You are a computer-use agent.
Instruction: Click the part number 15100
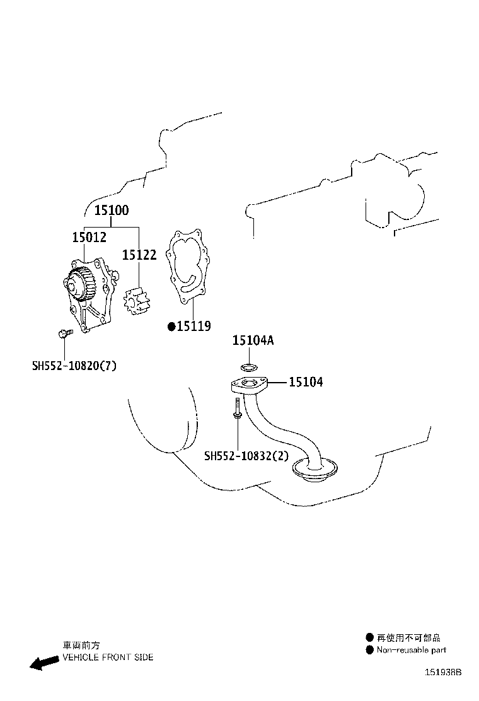click(112, 210)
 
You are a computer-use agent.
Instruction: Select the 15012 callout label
click(89, 238)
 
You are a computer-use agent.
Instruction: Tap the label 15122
click(139, 255)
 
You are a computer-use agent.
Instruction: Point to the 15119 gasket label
click(194, 327)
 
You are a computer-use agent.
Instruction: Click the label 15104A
click(253, 340)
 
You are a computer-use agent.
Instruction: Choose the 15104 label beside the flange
click(306, 382)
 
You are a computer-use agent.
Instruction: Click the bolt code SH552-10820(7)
click(74, 366)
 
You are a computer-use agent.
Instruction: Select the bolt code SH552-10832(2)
click(246, 456)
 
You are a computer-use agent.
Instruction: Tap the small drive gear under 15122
click(138, 302)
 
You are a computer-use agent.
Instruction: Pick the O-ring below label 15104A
click(249, 368)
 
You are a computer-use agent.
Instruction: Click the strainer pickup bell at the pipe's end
click(315, 470)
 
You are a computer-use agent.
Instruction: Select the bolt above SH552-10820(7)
click(63, 333)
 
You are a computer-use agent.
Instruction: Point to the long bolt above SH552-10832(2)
click(238, 408)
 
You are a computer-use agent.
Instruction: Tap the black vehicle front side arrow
click(44, 662)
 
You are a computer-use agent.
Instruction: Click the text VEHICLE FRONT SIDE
click(108, 657)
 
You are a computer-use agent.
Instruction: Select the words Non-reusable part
click(411, 650)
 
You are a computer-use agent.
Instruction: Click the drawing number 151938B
click(443, 673)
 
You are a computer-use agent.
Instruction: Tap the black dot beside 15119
click(171, 327)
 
